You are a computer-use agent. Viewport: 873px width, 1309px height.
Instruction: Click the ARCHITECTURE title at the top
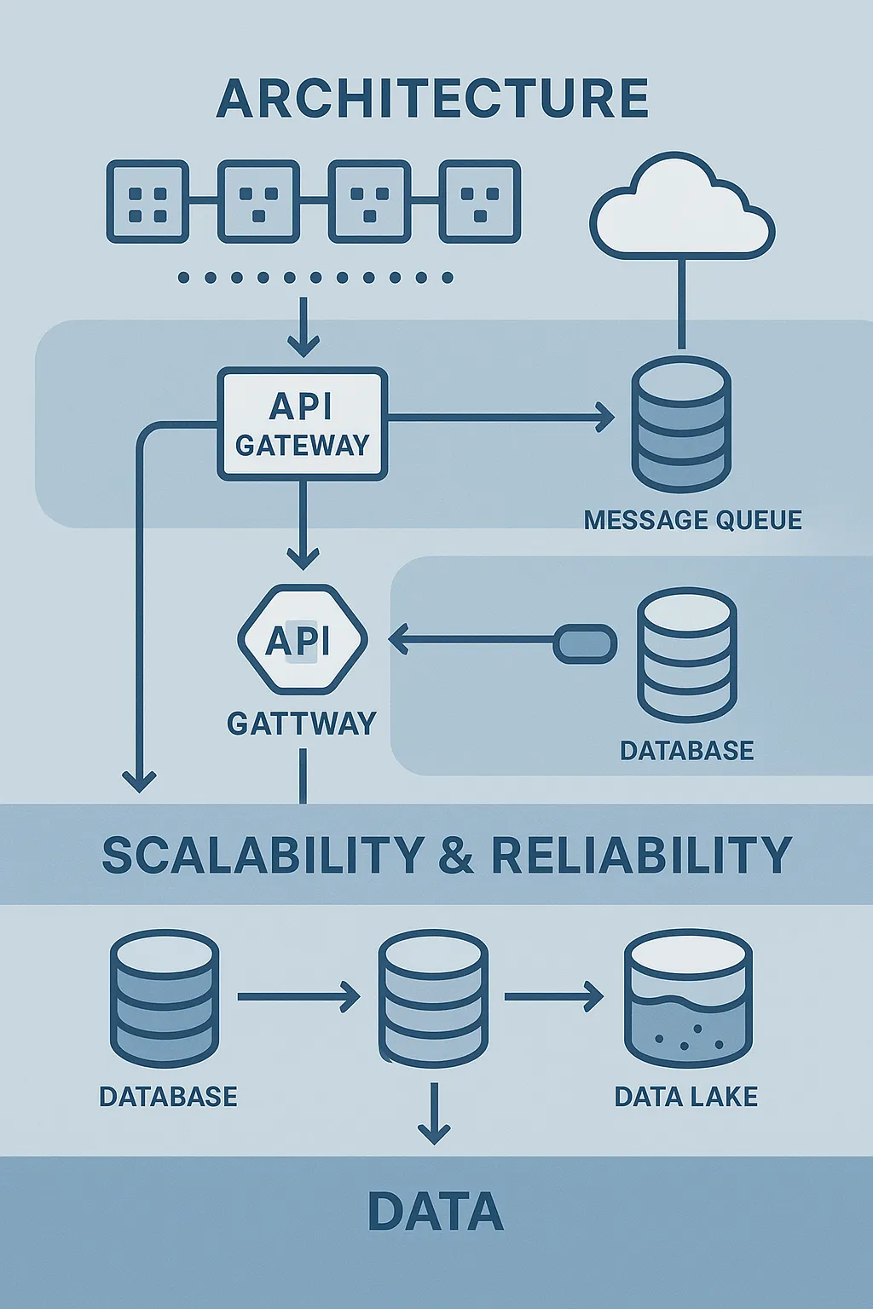(432, 98)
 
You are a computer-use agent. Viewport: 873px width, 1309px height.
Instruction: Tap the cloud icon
(682, 209)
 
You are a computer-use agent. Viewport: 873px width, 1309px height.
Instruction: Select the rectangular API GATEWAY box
(303, 424)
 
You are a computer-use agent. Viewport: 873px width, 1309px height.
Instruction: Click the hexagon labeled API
(302, 640)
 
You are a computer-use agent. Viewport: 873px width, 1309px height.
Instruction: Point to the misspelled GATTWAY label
(302, 724)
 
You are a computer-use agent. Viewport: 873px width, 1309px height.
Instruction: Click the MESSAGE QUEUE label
(692, 520)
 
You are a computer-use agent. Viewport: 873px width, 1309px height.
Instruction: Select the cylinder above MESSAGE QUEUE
(681, 424)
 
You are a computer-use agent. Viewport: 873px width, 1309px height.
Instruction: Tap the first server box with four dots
(147, 201)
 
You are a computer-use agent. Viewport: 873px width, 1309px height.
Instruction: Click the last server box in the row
(480, 201)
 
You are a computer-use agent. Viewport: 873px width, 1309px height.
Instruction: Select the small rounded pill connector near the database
(585, 643)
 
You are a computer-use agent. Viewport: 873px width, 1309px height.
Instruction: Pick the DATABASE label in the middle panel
(686, 751)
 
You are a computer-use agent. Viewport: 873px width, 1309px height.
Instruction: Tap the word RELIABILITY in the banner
(641, 855)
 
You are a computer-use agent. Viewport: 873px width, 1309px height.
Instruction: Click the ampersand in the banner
(456, 856)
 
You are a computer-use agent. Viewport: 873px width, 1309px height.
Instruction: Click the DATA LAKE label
(685, 1096)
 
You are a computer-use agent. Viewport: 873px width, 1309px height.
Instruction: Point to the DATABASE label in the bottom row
(168, 1096)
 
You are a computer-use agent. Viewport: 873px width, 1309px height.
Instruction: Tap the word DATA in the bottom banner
(435, 1212)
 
